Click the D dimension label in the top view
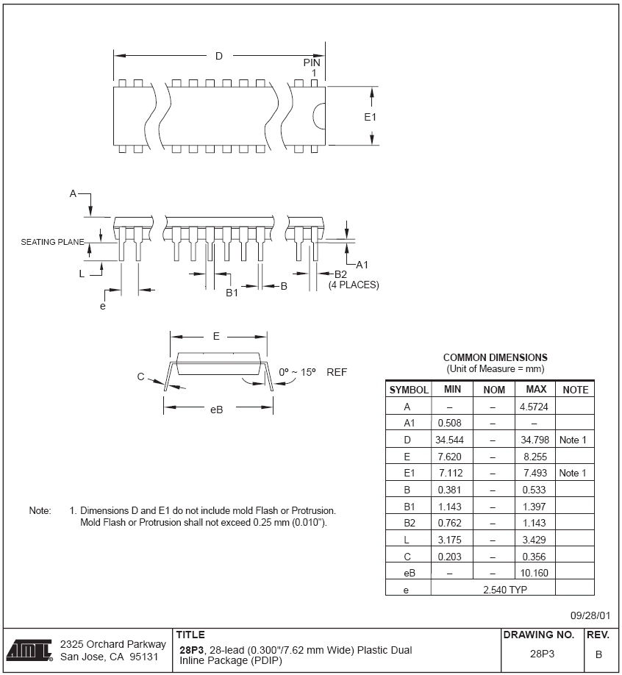pos(218,57)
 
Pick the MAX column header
pos(535,389)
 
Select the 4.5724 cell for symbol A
pos(535,406)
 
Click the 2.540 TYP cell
pos(508,589)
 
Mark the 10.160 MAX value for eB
pos(535,572)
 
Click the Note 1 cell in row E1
pos(573,473)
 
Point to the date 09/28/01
pos(590,616)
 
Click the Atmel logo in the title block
pos(29,650)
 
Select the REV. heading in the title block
pos(598,635)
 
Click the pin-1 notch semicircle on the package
pos(319,118)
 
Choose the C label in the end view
pos(140,376)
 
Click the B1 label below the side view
pos(232,293)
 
